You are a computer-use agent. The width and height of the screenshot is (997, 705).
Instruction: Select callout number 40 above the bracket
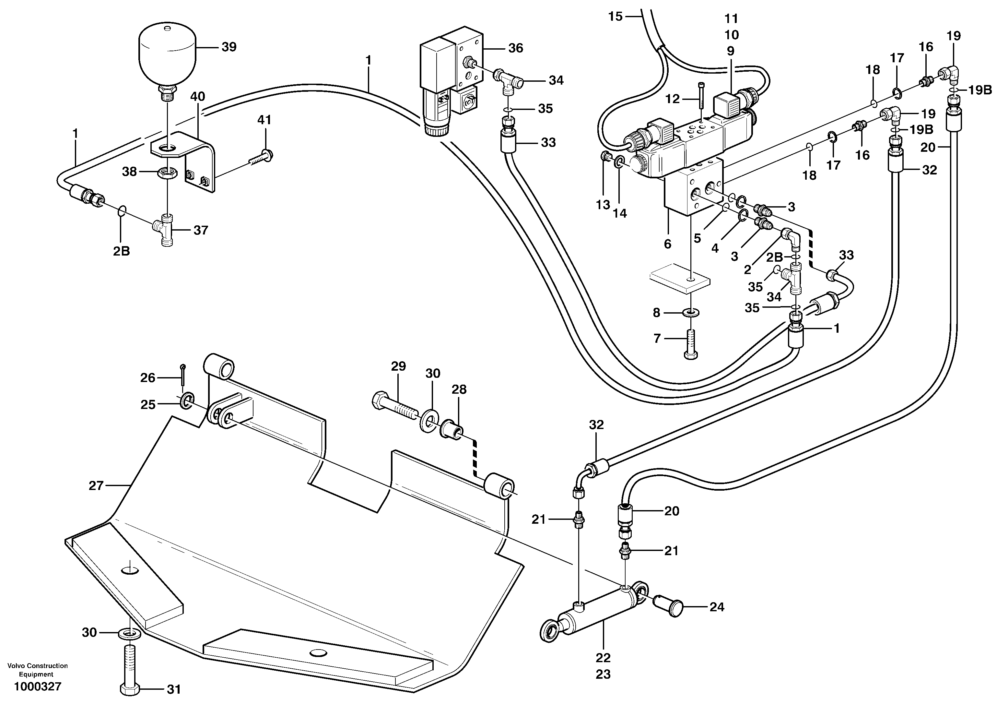(198, 96)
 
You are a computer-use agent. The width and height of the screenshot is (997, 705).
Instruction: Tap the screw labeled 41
(262, 156)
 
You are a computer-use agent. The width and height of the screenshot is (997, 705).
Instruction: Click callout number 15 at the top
(615, 17)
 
